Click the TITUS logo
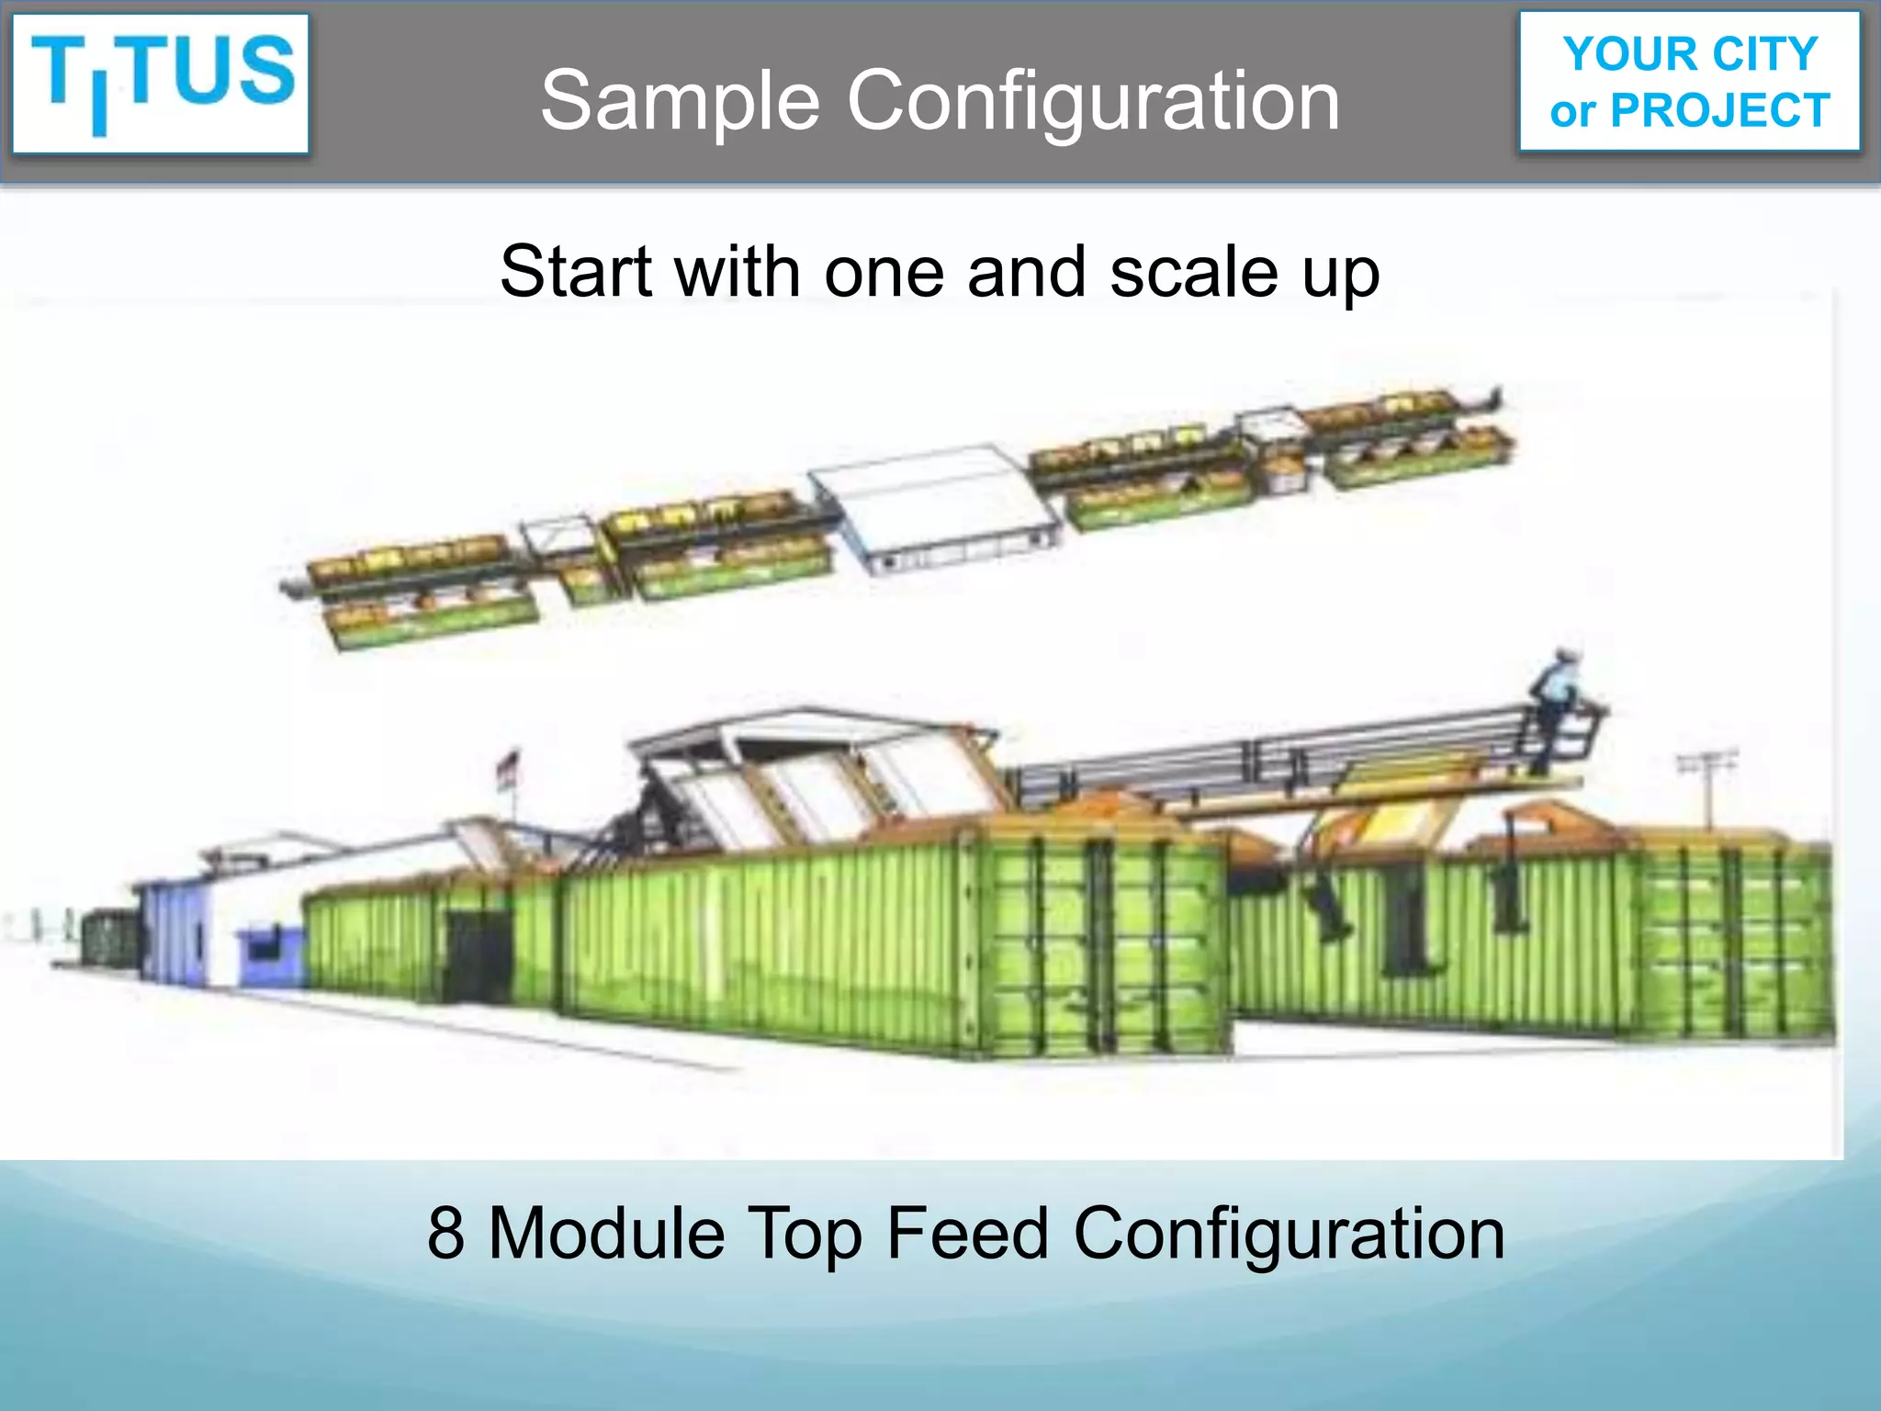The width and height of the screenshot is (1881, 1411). click(x=162, y=83)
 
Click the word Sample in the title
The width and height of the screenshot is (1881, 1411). click(x=680, y=101)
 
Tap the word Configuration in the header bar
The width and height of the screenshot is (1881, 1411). click(x=1093, y=101)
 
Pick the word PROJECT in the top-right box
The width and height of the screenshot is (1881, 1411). click(x=1720, y=111)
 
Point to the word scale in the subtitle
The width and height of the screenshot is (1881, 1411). click(x=1193, y=272)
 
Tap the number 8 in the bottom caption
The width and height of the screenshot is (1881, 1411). click(x=445, y=1233)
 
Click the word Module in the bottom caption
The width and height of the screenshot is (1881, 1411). click(x=607, y=1233)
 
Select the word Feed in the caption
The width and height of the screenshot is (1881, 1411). click(x=966, y=1233)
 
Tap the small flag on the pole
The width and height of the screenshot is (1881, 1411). click(x=508, y=765)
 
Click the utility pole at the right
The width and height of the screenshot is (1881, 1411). click(x=1708, y=790)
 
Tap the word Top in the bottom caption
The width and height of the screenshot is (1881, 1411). click(x=805, y=1233)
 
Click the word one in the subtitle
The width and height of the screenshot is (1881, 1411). click(x=884, y=274)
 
